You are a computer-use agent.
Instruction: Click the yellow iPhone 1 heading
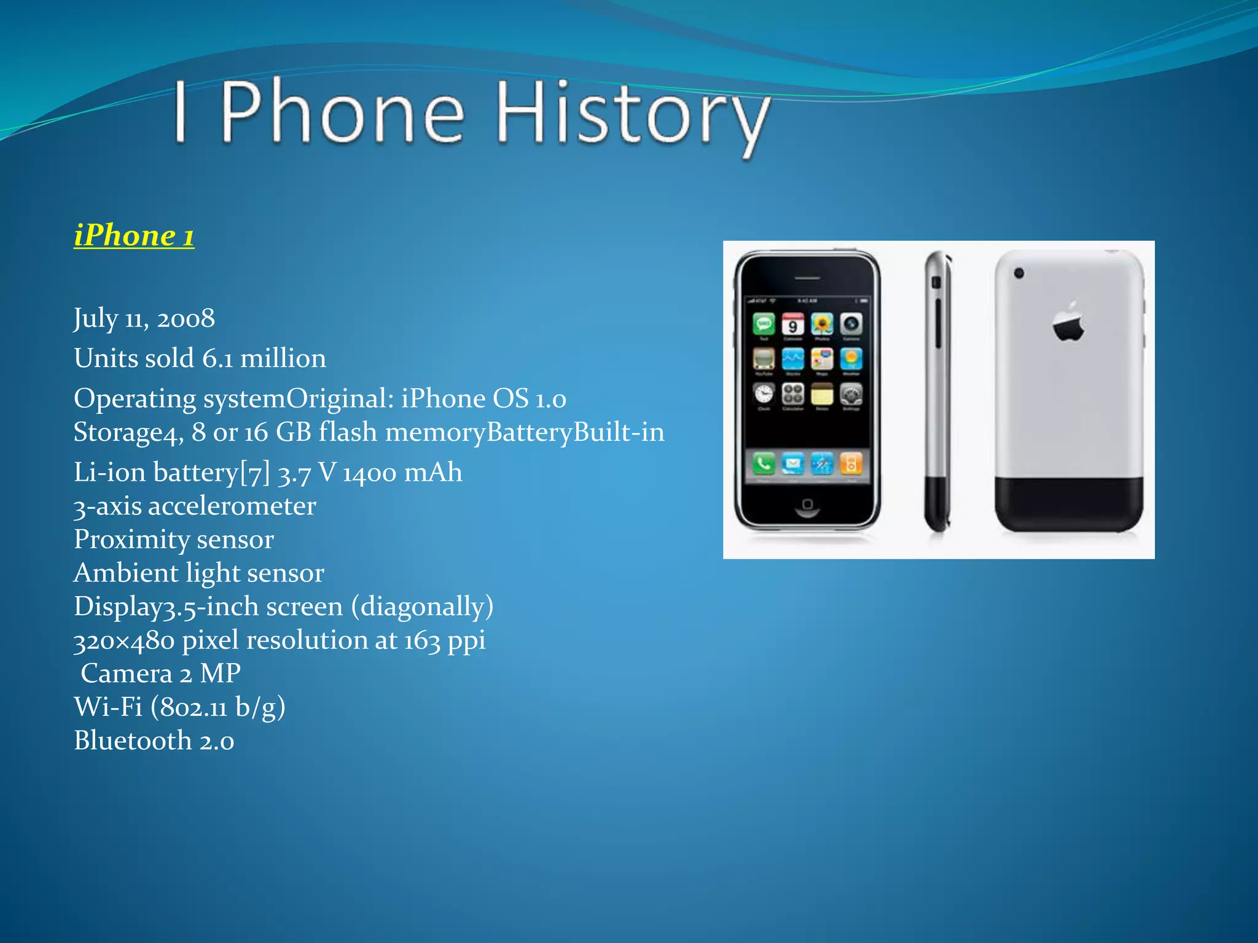click(134, 236)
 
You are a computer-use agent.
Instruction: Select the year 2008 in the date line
click(186, 318)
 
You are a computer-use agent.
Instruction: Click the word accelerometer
click(232, 506)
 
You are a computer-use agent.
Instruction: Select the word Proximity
click(131, 540)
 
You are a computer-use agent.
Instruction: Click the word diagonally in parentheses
click(422, 607)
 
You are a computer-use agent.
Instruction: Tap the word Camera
click(126, 673)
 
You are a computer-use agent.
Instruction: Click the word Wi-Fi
click(108, 707)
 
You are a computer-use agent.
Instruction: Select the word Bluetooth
click(133, 740)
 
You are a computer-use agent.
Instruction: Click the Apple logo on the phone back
click(1068, 321)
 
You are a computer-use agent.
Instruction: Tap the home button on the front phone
click(807, 505)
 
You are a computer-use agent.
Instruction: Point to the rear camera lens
click(1019, 273)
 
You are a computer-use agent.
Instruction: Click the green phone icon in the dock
click(764, 464)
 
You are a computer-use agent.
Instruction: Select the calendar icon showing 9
click(792, 324)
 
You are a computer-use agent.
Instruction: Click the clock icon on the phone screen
click(764, 394)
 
